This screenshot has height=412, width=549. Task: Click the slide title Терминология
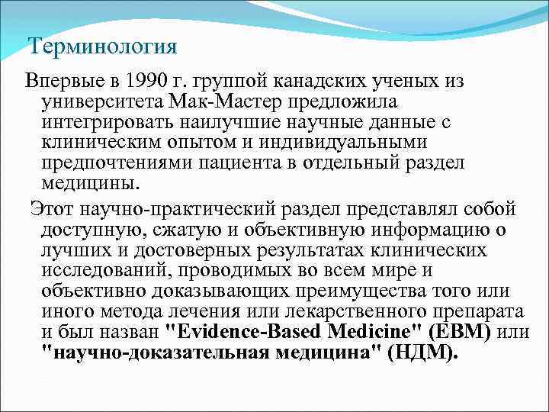point(103,47)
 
